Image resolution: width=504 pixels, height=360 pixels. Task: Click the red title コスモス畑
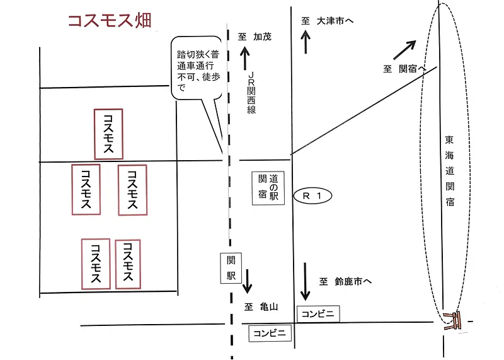[109, 21]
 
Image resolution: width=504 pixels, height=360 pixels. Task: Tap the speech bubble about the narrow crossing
[197, 71]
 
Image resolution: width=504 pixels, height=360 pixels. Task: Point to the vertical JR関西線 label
[251, 91]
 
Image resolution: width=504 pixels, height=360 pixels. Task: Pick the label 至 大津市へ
[328, 21]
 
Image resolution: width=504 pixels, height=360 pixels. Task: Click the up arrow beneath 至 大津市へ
[306, 43]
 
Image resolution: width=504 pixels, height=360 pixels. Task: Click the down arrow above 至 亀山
[246, 281]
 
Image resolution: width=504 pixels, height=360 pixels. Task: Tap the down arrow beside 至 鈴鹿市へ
[306, 282]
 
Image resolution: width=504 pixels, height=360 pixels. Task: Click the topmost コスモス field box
[108, 133]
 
